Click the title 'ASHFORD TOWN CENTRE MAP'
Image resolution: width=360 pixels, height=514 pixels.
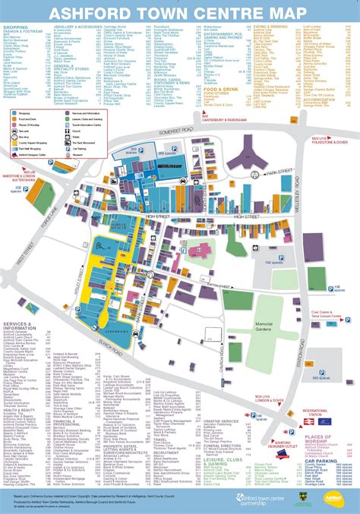179,12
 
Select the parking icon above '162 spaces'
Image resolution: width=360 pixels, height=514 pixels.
294,255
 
